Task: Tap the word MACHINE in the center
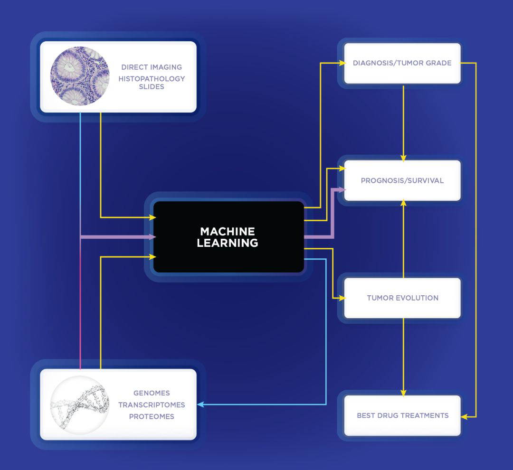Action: click(x=228, y=232)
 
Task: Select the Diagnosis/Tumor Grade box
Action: click(x=402, y=63)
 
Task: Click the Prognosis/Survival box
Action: click(x=402, y=180)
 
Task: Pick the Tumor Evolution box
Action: click(x=402, y=298)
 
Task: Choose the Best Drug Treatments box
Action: click(x=402, y=415)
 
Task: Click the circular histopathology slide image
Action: click(x=80, y=76)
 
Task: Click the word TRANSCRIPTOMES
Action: click(x=152, y=405)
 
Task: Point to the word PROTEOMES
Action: click(x=152, y=416)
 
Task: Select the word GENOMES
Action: click(x=152, y=393)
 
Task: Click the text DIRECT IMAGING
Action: click(x=152, y=67)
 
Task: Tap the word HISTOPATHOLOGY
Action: click(x=152, y=79)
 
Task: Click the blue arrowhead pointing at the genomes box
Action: click(x=200, y=404)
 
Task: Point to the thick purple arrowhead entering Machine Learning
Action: click(x=153, y=236)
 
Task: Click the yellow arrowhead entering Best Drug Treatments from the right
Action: click(x=464, y=416)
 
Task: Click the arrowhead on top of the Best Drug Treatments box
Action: click(x=403, y=393)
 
